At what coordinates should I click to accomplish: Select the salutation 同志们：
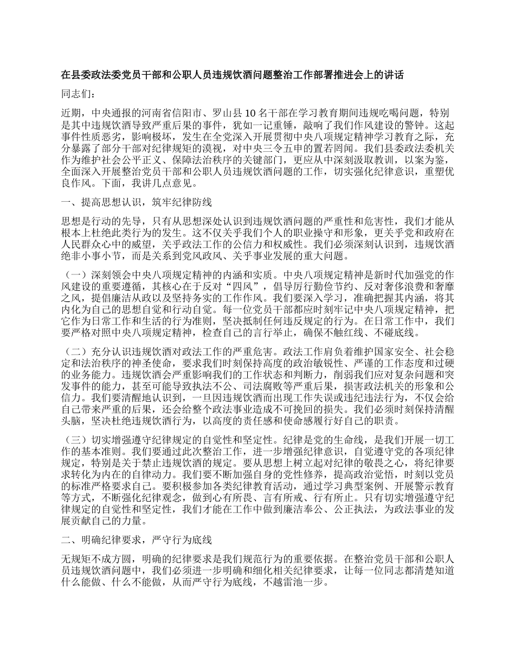pyautogui.click(x=79, y=94)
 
